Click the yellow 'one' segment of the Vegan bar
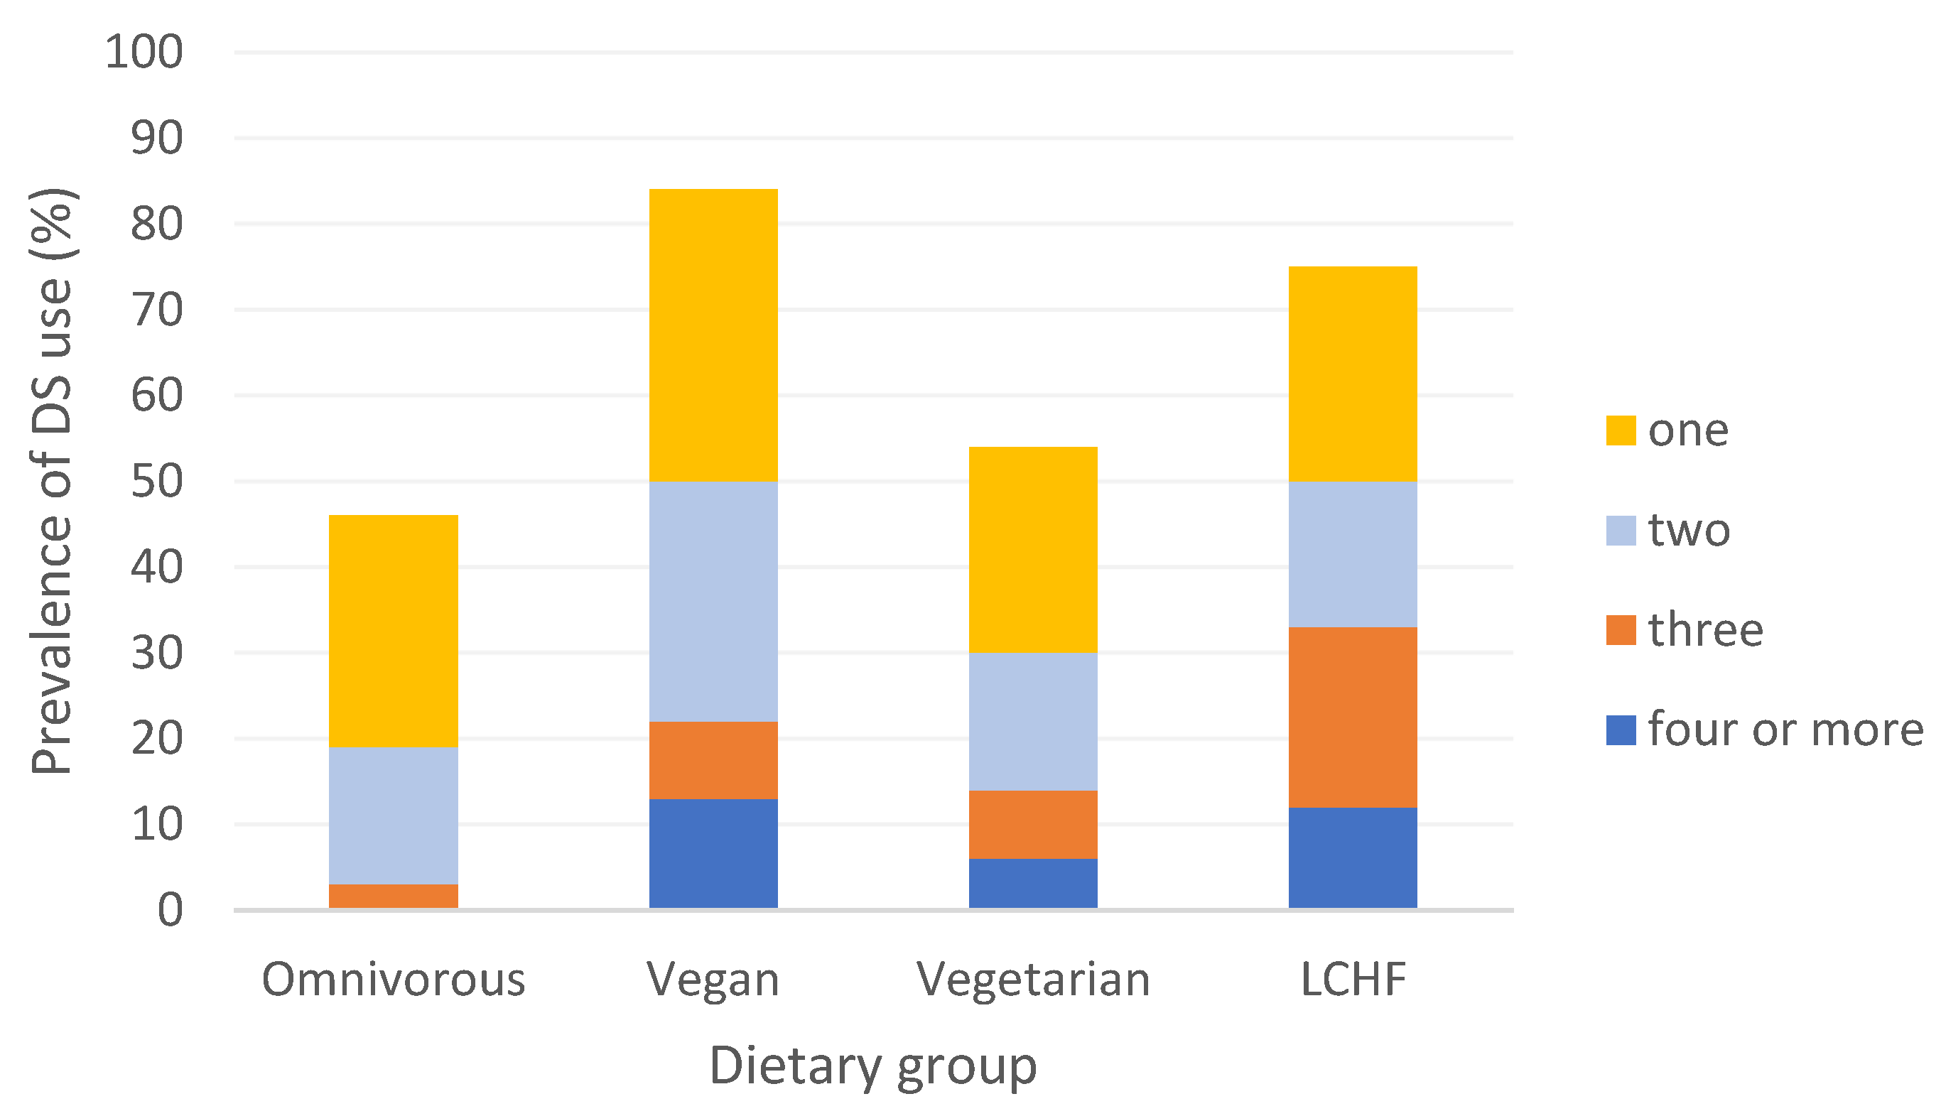pos(713,335)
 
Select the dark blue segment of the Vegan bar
pos(713,853)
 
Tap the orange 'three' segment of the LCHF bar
pos(1352,717)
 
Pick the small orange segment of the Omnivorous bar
pos(394,896)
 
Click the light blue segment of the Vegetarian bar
pos(1032,721)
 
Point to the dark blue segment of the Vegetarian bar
pos(1032,883)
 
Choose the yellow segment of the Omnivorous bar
pos(394,631)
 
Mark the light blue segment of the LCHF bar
pos(1352,554)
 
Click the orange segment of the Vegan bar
pos(713,760)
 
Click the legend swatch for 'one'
pos(1621,430)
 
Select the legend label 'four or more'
pos(1785,729)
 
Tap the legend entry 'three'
pos(1705,629)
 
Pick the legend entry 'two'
pos(1689,530)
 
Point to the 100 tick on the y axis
pos(144,53)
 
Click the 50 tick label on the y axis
pos(156,482)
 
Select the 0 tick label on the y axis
pos(171,911)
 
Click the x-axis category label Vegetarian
pos(1032,980)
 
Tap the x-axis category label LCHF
pos(1352,980)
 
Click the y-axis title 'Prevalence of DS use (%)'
pos(51,482)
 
